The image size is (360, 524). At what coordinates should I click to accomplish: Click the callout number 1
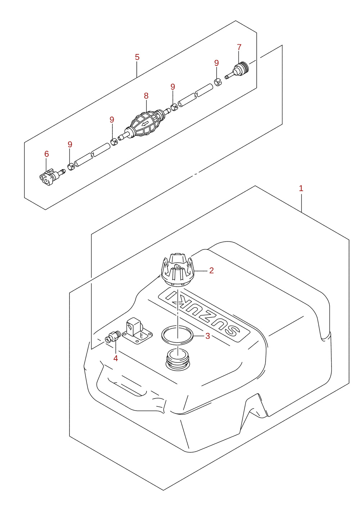(x=301, y=188)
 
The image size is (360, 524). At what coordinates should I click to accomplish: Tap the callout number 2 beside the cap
(x=211, y=270)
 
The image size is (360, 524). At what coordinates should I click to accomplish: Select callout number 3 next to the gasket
(x=208, y=336)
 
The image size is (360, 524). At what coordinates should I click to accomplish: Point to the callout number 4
(x=116, y=358)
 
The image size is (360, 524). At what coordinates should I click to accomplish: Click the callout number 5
(x=137, y=57)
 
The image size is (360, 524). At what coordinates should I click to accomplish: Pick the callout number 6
(x=46, y=154)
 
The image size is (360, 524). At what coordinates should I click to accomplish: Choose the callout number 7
(x=239, y=47)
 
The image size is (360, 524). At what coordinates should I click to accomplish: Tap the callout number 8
(x=146, y=96)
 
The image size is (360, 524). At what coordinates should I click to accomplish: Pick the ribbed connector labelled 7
(x=237, y=70)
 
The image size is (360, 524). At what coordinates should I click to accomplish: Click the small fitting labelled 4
(x=112, y=337)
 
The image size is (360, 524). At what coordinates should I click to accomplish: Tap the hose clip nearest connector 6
(x=71, y=167)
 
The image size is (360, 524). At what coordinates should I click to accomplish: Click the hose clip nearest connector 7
(x=218, y=82)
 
